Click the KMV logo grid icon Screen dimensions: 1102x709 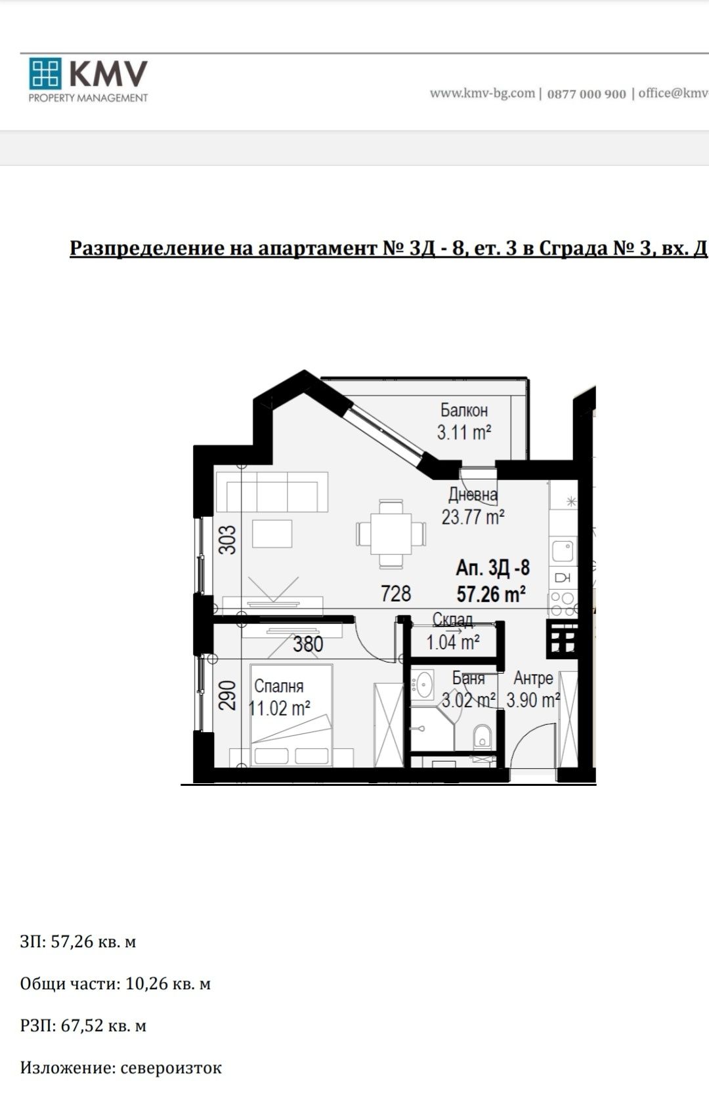tap(45, 73)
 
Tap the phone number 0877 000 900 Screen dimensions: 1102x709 tap(586, 94)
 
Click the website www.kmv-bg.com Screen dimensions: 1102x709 tap(482, 93)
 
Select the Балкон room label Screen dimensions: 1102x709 tap(463, 411)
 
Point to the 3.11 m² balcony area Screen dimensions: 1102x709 tap(464, 432)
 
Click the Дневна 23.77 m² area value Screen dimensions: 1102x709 tap(473, 517)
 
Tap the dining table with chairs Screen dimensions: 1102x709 tap(391, 533)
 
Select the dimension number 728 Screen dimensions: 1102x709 tap(396, 594)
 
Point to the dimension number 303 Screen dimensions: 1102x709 tap(227, 540)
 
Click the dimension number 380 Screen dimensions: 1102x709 tap(308, 644)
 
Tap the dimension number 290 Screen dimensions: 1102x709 tap(227, 695)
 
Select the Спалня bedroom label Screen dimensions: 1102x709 tap(278, 686)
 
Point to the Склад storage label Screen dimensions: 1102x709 tap(452, 620)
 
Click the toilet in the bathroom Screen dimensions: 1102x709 tap(482, 737)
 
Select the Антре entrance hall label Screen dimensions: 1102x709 tap(533, 678)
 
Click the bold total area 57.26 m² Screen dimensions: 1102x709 tap(491, 594)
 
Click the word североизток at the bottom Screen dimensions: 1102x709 tap(171, 1068)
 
